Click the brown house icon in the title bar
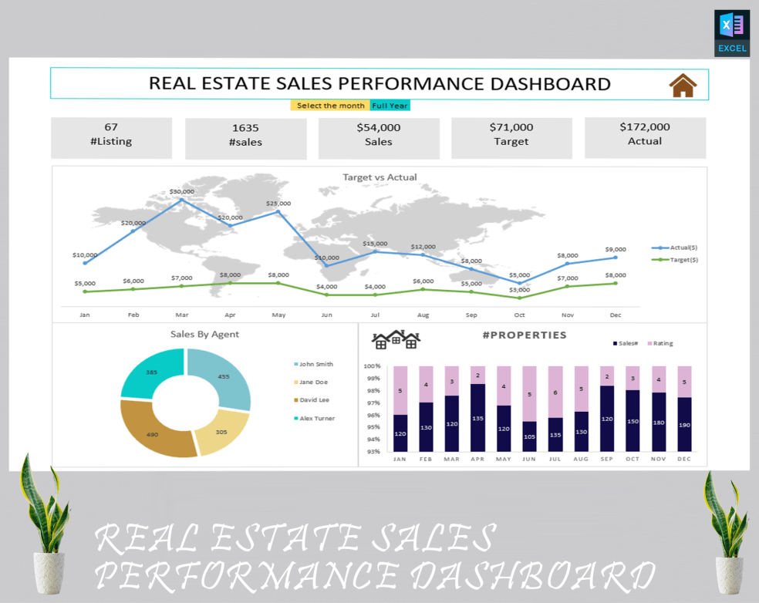tap(683, 85)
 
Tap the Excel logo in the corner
tap(732, 32)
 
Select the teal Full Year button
tap(390, 106)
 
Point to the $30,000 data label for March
tap(181, 191)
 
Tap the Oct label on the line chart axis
tap(519, 315)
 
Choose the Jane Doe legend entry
tap(312, 382)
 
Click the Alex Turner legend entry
tap(315, 418)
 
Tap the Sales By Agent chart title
tap(204, 334)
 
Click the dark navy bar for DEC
tap(683, 424)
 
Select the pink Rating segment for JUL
tap(555, 392)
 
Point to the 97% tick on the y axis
tap(373, 403)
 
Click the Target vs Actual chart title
tap(379, 177)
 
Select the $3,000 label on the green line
tap(519, 289)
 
